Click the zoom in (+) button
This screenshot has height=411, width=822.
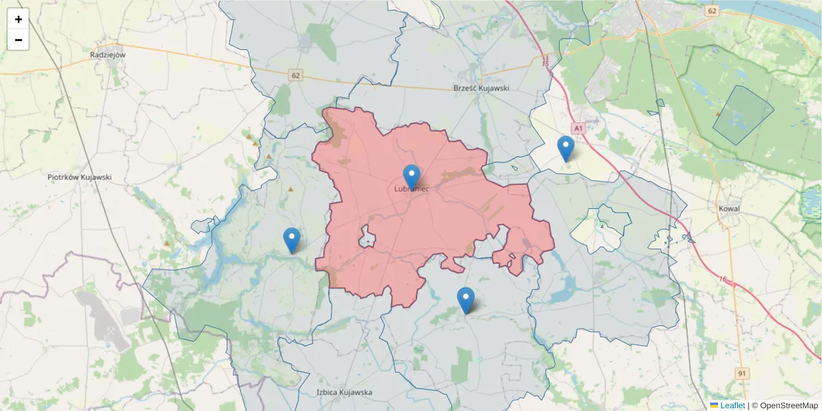click(x=18, y=19)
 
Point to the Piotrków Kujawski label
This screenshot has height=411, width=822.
click(x=79, y=177)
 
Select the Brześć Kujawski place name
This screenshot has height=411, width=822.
click(x=482, y=88)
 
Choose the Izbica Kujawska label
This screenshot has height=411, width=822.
click(x=344, y=393)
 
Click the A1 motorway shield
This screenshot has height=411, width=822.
click(x=578, y=128)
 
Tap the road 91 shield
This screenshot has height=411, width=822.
click(x=742, y=373)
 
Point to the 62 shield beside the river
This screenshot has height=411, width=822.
click(x=712, y=11)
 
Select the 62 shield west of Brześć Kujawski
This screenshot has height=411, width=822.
click(x=295, y=75)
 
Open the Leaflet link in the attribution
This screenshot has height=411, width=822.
click(x=732, y=406)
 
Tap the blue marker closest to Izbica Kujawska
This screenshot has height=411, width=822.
click(x=466, y=299)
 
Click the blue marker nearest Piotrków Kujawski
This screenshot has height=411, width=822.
click(x=292, y=240)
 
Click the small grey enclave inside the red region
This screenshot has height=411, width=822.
click(x=368, y=238)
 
